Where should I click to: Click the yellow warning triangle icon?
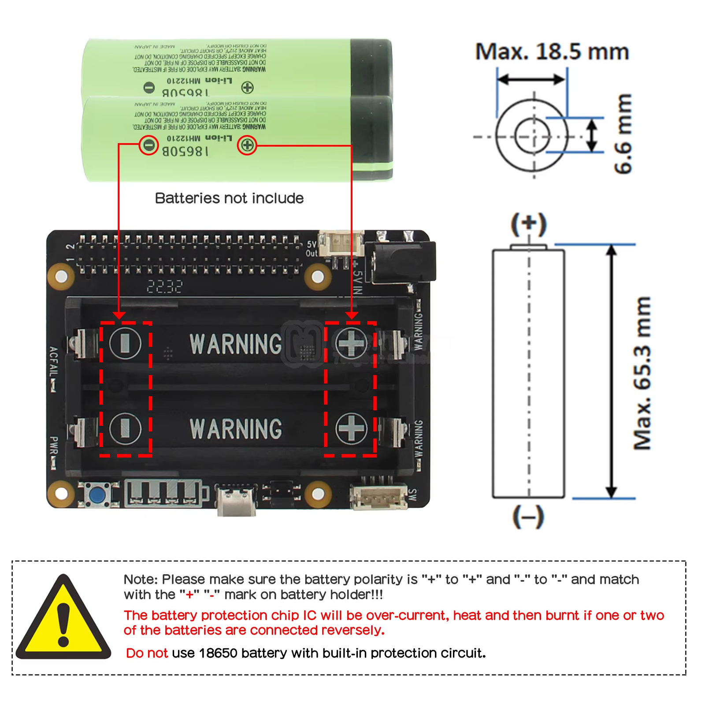tap(63, 619)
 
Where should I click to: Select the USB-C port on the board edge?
tap(237, 500)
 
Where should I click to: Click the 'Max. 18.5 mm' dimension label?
tap(552, 52)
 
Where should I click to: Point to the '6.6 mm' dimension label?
tap(623, 134)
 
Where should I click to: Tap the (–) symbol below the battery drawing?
tap(528, 516)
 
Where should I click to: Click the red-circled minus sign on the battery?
tap(149, 145)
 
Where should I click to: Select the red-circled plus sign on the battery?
tap(247, 145)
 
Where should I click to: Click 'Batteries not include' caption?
tap(229, 198)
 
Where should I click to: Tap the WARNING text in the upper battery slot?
tap(235, 344)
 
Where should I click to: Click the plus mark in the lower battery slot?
tap(351, 428)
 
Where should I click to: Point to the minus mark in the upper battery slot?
tap(125, 343)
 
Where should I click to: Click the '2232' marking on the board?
tap(164, 287)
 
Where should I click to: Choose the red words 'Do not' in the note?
tap(147, 653)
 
